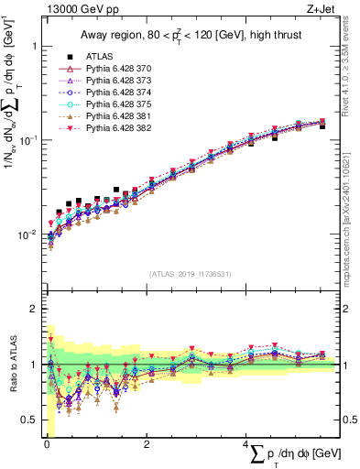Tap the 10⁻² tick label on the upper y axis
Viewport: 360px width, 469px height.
tap(27, 234)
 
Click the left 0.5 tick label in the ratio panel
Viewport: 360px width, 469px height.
tap(27, 420)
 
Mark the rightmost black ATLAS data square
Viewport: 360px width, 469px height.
tap(322, 126)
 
